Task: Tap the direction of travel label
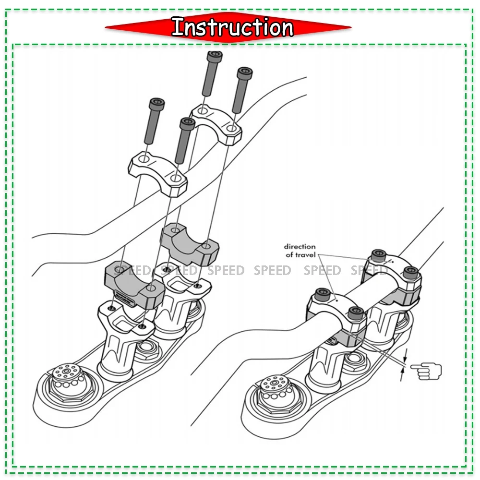coord(300,251)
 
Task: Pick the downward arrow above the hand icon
coord(406,356)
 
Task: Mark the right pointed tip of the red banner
coord(351,27)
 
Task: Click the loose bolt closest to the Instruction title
coord(212,72)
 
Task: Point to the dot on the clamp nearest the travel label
coord(337,299)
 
